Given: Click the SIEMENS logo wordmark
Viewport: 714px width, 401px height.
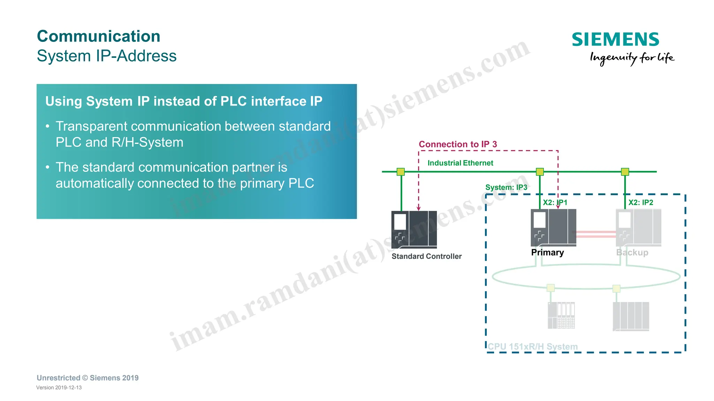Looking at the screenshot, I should (x=615, y=39).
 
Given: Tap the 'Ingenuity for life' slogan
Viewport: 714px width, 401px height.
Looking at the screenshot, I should (x=632, y=57).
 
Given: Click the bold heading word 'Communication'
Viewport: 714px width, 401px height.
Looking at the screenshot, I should (x=99, y=36).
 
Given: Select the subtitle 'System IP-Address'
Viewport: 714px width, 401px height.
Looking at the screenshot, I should (x=107, y=56).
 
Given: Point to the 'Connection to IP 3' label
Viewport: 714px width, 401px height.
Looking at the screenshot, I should (x=457, y=144).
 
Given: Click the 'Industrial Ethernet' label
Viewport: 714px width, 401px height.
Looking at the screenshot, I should (x=460, y=163).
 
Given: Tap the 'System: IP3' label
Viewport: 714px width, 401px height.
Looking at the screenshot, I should (x=506, y=187).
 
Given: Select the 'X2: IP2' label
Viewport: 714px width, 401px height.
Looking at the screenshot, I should (x=640, y=202).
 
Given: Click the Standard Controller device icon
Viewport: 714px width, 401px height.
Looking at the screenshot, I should (x=414, y=229).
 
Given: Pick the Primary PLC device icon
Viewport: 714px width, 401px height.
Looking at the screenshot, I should (x=553, y=227).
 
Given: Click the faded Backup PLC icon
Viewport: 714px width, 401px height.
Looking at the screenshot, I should (x=638, y=227).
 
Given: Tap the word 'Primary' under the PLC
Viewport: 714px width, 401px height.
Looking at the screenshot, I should (x=547, y=253).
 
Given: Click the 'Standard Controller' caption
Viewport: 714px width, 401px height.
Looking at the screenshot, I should (x=426, y=256).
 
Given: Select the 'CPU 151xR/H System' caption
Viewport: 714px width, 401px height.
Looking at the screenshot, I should (x=532, y=347).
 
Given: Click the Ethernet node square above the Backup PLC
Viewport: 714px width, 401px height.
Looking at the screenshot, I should (x=625, y=172).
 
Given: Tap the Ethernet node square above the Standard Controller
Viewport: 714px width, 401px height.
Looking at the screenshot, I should (x=401, y=172).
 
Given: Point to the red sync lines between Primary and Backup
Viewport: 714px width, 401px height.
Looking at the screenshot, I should (x=596, y=234).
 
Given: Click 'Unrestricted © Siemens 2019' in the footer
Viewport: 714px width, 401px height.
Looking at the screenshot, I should (x=88, y=378).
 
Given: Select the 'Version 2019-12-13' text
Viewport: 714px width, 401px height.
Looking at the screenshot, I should (x=59, y=388).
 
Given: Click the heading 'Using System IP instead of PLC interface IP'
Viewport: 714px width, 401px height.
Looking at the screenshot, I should (x=184, y=101).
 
